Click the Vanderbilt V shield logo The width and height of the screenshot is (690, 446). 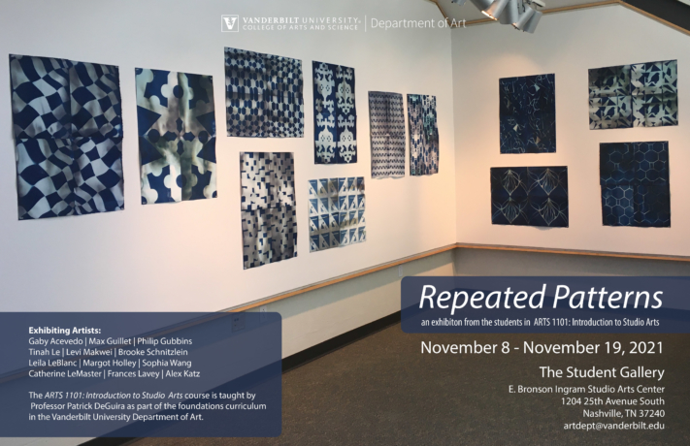point(230,23)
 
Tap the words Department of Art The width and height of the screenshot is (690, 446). point(418,23)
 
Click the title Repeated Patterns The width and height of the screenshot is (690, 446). point(541,298)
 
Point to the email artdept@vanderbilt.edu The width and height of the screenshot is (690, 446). point(614,426)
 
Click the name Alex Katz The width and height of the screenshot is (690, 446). point(182,374)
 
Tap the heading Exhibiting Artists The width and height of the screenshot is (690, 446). point(65,331)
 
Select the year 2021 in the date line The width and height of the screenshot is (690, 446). point(646,347)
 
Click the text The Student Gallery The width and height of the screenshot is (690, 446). point(602,372)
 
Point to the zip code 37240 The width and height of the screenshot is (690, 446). point(651,414)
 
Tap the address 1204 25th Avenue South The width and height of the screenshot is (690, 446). point(612,401)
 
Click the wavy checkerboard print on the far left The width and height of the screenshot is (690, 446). point(67,137)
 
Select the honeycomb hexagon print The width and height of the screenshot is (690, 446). point(635,184)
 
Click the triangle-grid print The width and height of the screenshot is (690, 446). point(337,214)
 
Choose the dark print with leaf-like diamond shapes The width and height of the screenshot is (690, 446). point(529,196)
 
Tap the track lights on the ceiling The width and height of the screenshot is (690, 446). point(506,13)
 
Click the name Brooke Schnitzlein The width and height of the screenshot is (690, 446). point(152,352)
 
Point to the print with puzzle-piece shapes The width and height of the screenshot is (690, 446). point(176,137)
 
